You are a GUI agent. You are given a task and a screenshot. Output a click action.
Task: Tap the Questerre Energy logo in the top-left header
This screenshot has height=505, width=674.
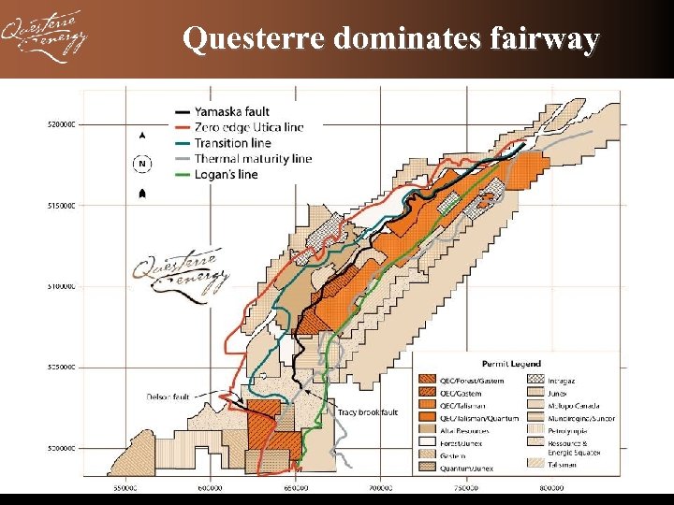click(x=44, y=38)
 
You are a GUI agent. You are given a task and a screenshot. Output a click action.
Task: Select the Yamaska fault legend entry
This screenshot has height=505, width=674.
click(x=234, y=111)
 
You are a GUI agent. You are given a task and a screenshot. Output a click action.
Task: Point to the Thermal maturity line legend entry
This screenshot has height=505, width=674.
click(x=252, y=159)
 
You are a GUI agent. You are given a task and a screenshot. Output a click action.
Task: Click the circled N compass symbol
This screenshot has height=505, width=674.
click(x=141, y=164)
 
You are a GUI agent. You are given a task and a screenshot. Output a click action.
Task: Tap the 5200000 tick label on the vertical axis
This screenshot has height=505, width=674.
click(x=63, y=123)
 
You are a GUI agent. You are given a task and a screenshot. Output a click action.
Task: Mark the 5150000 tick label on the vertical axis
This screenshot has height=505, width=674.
click(x=63, y=205)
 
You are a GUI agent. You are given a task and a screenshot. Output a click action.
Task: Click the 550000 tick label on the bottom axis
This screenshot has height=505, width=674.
click(x=125, y=486)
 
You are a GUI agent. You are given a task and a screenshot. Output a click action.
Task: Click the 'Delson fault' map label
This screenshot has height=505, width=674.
click(x=168, y=397)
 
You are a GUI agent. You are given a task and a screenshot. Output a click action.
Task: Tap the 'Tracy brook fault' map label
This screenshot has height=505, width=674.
click(x=368, y=412)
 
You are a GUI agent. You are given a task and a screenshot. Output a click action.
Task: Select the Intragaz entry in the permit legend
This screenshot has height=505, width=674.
click(x=561, y=380)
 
